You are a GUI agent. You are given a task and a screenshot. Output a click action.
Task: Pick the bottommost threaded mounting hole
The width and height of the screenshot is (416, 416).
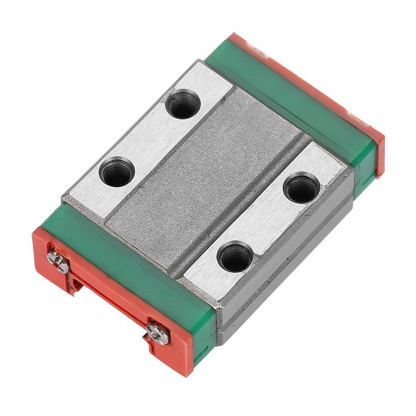pos(236,258)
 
